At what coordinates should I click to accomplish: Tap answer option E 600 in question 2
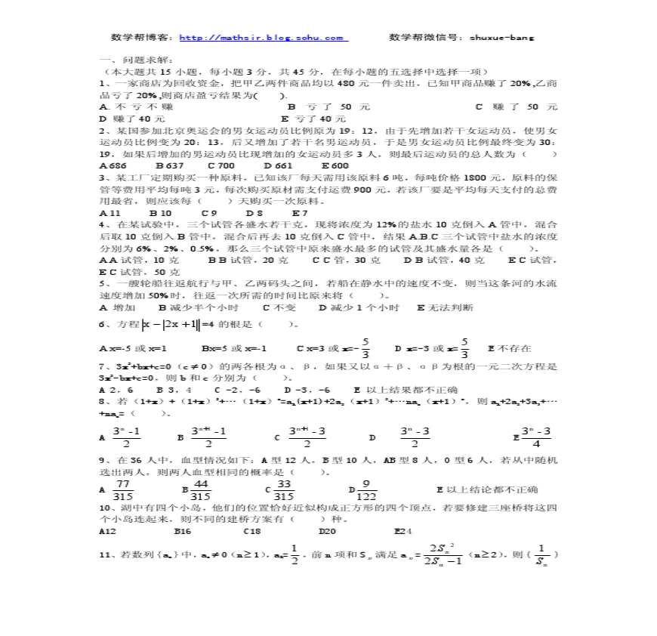[x=335, y=165]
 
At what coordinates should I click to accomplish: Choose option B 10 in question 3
[x=160, y=212]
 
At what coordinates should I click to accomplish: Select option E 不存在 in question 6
[x=510, y=348]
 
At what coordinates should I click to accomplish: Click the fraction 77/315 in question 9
[x=122, y=489]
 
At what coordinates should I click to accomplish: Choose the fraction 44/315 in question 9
[x=202, y=489]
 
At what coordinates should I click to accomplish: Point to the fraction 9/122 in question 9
[x=366, y=489]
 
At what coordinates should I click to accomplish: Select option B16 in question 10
[x=182, y=531]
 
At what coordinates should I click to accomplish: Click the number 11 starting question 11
[x=105, y=555]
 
